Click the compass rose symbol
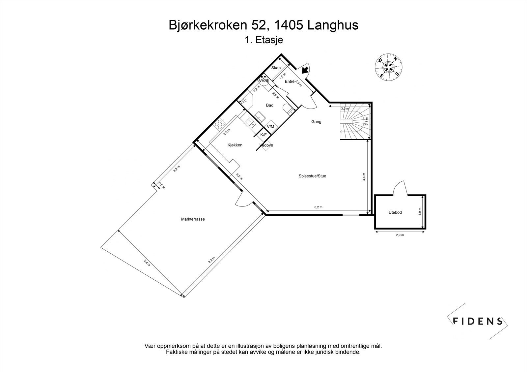point(389,67)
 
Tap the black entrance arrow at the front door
point(305,69)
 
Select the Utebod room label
point(395,212)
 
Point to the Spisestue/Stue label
point(312,176)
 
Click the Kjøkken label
point(235,145)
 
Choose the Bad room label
point(269,105)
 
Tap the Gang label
point(316,122)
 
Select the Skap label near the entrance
point(276,68)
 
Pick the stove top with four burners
point(220,124)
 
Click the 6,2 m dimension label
point(318,207)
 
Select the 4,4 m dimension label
point(364,177)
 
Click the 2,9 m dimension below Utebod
point(400,235)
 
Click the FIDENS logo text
point(478,321)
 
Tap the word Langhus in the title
point(333,25)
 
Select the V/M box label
point(270,127)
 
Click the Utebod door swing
point(401,189)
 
